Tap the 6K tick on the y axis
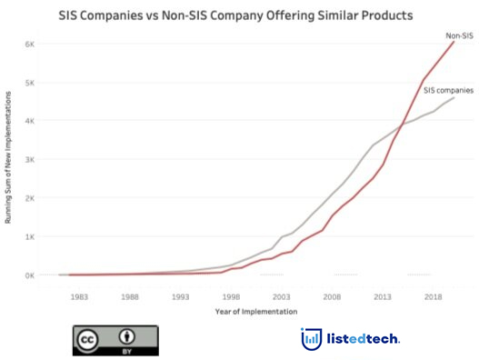29,44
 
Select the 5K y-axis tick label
29,82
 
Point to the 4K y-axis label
29,121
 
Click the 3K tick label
29,159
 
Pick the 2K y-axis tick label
29,198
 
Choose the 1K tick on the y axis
29,236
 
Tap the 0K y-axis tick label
29,275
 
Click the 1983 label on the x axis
79,296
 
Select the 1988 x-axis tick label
130,296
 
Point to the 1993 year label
180,296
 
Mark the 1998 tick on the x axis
231,296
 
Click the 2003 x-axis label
281,296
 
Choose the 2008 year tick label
332,296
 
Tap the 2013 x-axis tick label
382,296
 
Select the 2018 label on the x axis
433,296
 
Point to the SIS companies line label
447,89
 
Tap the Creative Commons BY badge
115,340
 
